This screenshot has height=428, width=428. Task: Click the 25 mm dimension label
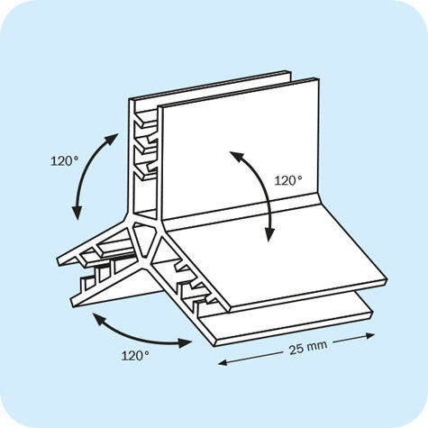308,348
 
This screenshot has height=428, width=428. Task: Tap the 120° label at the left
64,161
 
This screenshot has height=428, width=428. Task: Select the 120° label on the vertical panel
288,180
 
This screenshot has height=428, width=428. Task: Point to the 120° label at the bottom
135,356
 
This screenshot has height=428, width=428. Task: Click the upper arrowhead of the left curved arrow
111,140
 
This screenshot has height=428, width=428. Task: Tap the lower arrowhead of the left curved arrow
77,212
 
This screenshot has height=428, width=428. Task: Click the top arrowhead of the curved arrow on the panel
237,157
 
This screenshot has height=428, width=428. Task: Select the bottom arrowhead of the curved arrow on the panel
269,234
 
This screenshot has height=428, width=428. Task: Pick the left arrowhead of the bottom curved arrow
101,319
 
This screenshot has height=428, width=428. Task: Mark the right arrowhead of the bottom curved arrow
185,342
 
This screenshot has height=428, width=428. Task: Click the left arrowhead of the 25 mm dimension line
223,363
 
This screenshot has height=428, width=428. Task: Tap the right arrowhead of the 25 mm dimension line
370,335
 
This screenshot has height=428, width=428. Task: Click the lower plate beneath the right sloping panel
288,322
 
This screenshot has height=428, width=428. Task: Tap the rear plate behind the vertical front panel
210,90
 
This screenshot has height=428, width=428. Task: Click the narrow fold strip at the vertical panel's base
242,212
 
